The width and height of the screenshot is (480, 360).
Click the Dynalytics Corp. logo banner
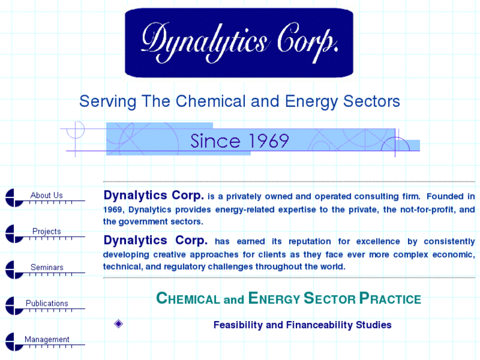239,43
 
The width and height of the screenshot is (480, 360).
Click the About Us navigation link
46,196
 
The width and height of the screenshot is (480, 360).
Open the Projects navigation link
46,232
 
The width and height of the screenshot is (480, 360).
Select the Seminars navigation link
47,268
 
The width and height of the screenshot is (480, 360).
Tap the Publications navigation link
47,304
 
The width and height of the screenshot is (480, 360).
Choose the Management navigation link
47,340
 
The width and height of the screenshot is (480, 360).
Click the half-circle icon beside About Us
14,198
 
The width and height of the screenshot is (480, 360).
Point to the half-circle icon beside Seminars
14,270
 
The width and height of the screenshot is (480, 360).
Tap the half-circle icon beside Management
14,342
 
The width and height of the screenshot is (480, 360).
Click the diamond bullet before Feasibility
119,324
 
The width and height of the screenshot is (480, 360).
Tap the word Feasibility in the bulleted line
238,325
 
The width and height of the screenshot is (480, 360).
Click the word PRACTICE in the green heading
390,299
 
